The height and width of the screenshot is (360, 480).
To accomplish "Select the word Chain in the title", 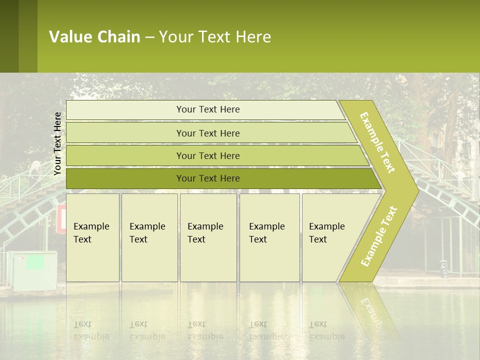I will click(x=119, y=37).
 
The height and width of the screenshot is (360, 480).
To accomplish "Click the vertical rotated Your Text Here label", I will click(x=57, y=143).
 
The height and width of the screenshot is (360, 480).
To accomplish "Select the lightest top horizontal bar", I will click(x=207, y=110).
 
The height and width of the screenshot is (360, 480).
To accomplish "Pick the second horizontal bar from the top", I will click(x=207, y=133).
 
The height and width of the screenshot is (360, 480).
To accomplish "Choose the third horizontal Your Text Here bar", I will click(x=207, y=156).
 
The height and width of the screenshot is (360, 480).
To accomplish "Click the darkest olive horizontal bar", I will click(x=207, y=178).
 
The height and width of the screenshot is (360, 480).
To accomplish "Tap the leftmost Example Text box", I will click(x=92, y=237).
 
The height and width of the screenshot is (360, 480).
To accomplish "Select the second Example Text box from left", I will click(x=149, y=237).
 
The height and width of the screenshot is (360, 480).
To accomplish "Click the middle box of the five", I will click(x=208, y=237).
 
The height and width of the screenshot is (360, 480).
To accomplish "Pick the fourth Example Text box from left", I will click(x=269, y=237).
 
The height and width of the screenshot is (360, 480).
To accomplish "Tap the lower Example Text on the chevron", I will click(x=379, y=236).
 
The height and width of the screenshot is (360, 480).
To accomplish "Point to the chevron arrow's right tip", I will click(x=417, y=190).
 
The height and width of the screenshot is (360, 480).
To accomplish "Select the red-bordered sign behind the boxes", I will click(x=61, y=219).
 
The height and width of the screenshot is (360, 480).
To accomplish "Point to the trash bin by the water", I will click(x=444, y=268).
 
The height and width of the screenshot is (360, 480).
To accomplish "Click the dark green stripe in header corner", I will click(x=9, y=36).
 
